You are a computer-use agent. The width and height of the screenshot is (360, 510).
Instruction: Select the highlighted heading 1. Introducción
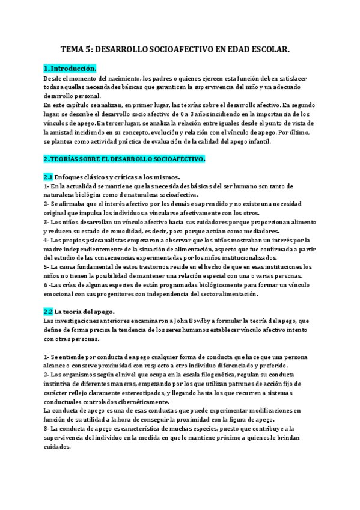pos(70,69)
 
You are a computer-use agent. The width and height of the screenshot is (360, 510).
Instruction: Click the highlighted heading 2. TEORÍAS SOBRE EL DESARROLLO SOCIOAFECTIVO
pos(124,159)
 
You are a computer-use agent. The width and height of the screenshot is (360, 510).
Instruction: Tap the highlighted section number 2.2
pos(49,312)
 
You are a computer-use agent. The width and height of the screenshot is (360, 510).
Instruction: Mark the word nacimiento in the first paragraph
pos(135,78)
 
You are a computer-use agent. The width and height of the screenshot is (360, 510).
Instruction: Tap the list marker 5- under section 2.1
pos(47,266)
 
